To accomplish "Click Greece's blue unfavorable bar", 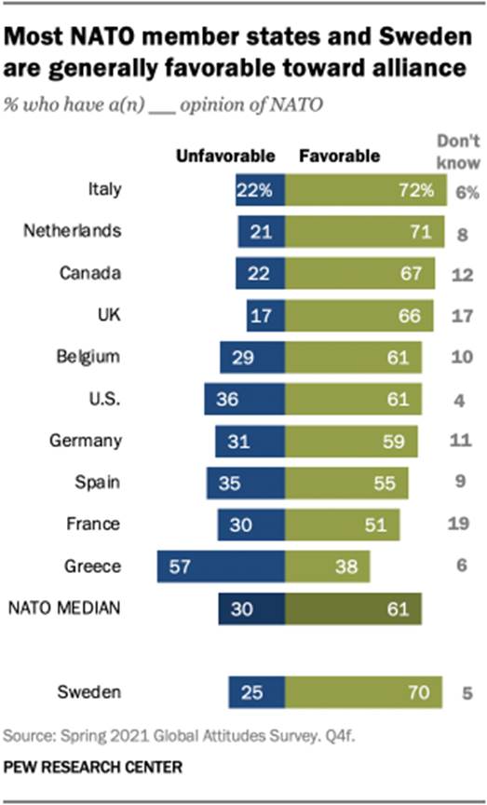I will (x=221, y=566).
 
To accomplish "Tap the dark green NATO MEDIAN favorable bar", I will (x=353, y=608).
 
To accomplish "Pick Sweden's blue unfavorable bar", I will (x=256, y=691).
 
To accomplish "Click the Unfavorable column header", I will (x=226, y=156).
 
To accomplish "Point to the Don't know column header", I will (x=458, y=153).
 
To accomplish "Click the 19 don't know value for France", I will (x=457, y=524).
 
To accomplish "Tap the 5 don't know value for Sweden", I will (x=457, y=691).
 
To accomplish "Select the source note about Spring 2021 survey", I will (x=178, y=735).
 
